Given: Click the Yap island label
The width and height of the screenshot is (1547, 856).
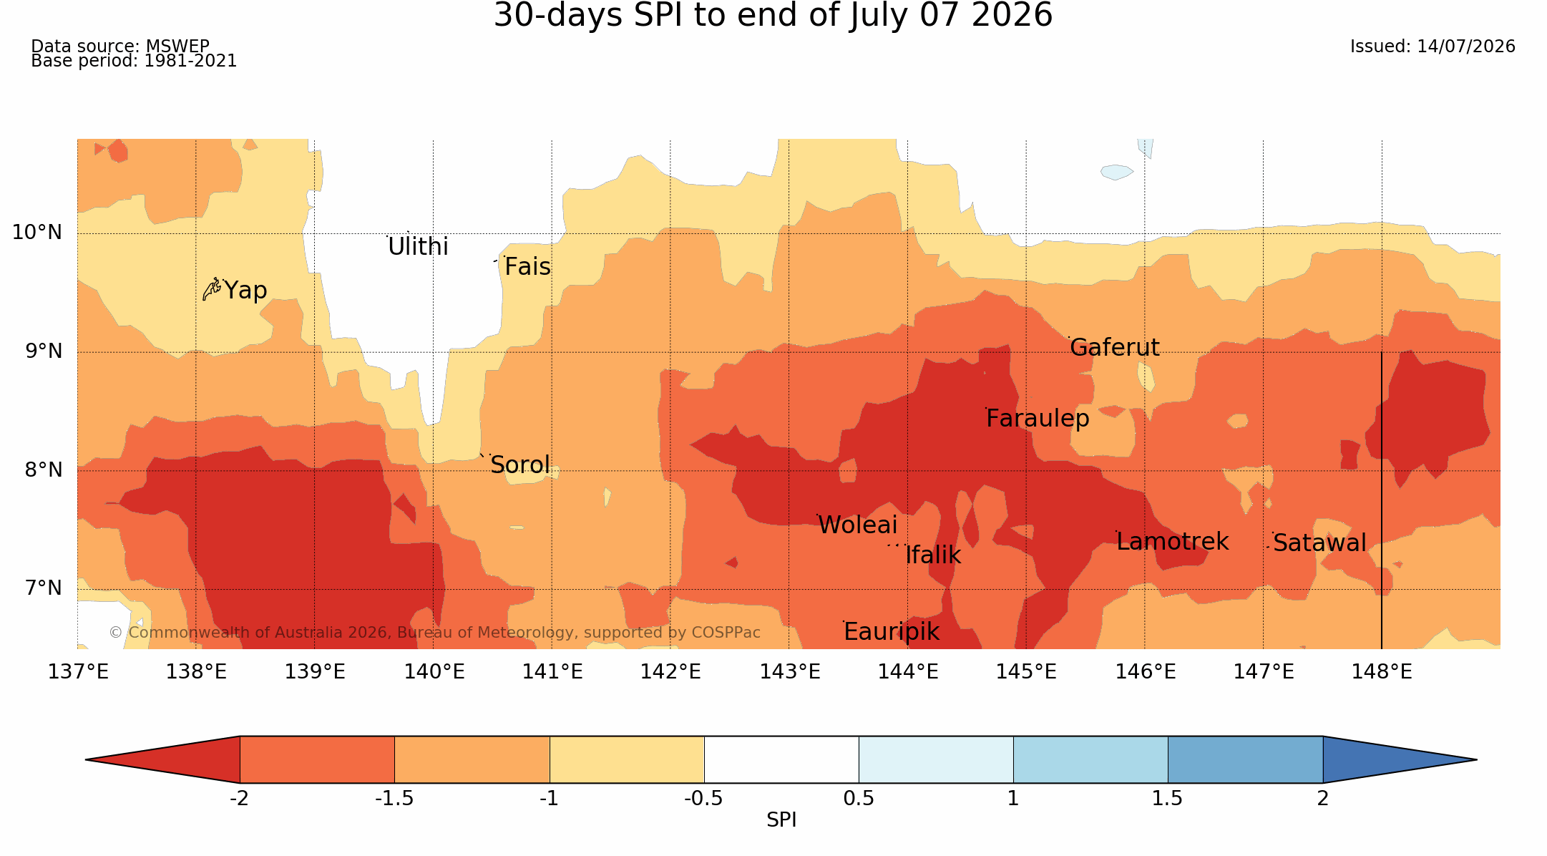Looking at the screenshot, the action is click(245, 291).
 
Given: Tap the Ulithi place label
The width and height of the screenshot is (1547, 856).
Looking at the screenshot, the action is click(418, 247).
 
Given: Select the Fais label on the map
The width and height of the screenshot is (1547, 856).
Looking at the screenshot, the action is click(527, 267).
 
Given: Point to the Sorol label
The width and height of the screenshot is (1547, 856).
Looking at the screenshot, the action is click(520, 465).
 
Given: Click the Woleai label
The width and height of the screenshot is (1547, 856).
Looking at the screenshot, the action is click(857, 525).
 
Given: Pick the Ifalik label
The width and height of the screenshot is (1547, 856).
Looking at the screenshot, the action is click(933, 555).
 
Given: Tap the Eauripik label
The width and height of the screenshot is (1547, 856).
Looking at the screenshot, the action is click(892, 632).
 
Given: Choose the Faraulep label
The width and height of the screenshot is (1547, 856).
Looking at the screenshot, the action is click(1038, 419).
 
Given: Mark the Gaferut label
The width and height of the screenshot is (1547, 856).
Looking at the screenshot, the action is click(1114, 348).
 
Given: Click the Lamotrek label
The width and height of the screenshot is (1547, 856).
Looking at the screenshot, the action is click(1172, 542).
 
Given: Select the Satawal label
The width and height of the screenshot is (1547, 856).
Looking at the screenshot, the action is click(1319, 543).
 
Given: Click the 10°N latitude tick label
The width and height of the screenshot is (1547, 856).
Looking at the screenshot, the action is click(37, 233).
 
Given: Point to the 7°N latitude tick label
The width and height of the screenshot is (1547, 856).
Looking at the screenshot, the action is click(44, 588).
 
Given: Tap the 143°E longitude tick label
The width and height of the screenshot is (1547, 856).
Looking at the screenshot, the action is click(789, 672).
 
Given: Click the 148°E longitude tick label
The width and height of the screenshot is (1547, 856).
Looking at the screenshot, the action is click(1382, 672).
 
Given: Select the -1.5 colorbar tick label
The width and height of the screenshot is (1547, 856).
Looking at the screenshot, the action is click(394, 799).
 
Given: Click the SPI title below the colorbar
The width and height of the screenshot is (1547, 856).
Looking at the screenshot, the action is click(781, 820).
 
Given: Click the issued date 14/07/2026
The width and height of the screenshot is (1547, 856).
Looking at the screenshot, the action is click(1466, 47).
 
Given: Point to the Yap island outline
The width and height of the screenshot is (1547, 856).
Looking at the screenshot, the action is click(211, 289).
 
